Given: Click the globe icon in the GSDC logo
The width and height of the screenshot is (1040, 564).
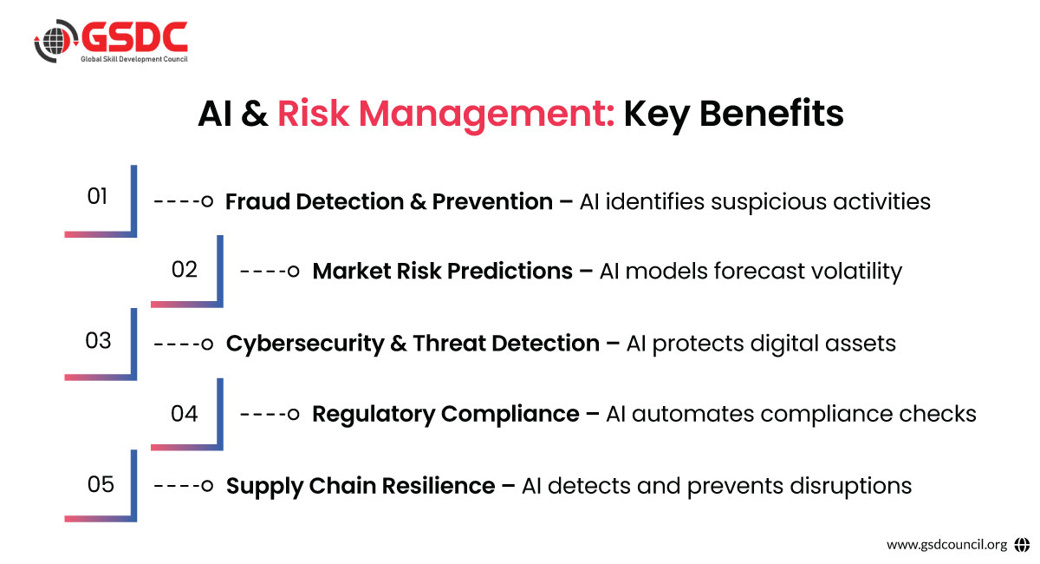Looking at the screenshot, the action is (x=55, y=41).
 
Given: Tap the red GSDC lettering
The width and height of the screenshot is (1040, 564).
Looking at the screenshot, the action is (x=134, y=36).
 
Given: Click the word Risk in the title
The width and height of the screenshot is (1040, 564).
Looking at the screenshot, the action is (x=313, y=114).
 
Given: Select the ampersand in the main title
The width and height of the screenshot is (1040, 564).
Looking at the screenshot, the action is (x=255, y=114).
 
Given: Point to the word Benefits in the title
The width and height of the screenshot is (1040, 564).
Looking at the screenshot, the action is (x=771, y=113).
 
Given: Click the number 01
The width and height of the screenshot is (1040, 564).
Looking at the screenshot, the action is (x=97, y=196).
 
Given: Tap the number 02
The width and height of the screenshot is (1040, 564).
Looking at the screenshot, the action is (x=185, y=270).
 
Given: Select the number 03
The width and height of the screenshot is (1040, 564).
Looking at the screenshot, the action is (x=98, y=341).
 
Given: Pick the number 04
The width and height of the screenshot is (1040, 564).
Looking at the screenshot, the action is (x=185, y=413).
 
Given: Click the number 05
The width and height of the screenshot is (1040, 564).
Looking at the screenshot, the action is (x=101, y=484).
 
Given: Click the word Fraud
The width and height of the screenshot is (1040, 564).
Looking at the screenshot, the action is (x=257, y=202).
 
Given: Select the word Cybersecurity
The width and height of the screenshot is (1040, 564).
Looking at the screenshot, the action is (x=305, y=344).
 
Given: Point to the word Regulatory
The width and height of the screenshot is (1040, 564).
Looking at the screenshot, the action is (x=374, y=415).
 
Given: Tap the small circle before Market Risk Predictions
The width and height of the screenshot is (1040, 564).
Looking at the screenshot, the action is (x=293, y=271).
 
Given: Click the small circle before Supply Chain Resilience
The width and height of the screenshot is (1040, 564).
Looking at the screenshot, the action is (x=207, y=486).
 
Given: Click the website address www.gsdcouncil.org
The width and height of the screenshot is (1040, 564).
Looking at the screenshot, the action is (x=946, y=545).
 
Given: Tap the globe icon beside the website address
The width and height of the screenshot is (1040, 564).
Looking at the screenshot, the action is (x=1022, y=544).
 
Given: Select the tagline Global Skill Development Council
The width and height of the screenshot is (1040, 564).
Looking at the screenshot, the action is (x=134, y=59).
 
